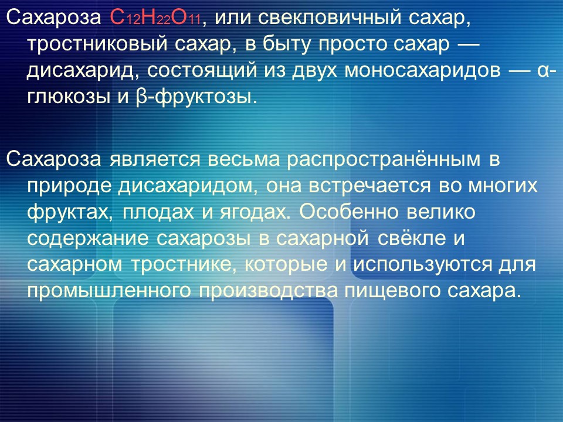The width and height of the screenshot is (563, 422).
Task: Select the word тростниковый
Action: click(x=86, y=43)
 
